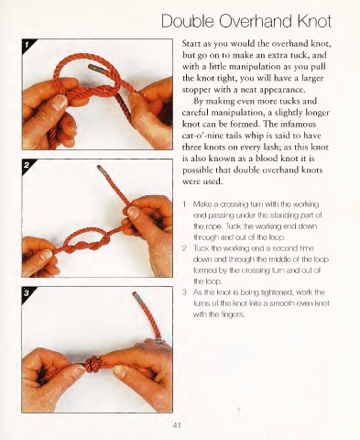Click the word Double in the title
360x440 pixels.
pyautogui.click(x=188, y=21)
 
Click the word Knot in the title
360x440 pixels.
pyautogui.click(x=314, y=21)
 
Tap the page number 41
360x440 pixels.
pyautogui.click(x=177, y=425)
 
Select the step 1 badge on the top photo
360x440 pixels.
pyautogui.click(x=27, y=45)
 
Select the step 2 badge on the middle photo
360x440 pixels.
pyautogui.click(x=27, y=165)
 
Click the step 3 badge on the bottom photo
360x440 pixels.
pyautogui.click(x=27, y=293)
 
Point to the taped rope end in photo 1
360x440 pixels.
pyautogui.click(x=95, y=68)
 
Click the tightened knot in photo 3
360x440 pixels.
pyautogui.click(x=93, y=364)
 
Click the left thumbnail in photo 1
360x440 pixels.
pyautogui.click(x=60, y=102)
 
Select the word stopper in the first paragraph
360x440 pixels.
pyautogui.click(x=196, y=90)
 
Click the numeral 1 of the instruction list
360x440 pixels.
pyautogui.click(x=184, y=203)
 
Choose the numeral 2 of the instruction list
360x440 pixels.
pyautogui.click(x=184, y=248)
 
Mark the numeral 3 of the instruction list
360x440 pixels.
pyautogui.click(x=184, y=292)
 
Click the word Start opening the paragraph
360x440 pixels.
pyautogui.click(x=191, y=44)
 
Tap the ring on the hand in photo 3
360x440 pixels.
pyautogui.click(x=159, y=341)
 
